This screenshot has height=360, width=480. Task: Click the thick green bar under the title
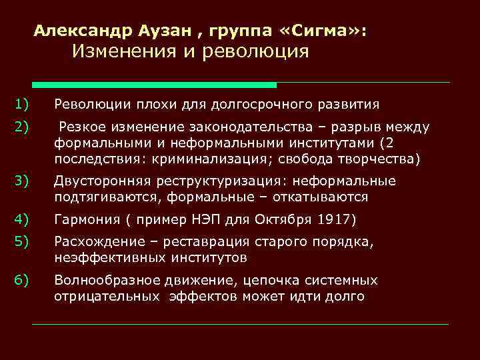(x=154, y=85)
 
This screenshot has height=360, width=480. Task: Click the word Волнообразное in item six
(x=103, y=280)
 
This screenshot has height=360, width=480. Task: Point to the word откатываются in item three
(x=317, y=197)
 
